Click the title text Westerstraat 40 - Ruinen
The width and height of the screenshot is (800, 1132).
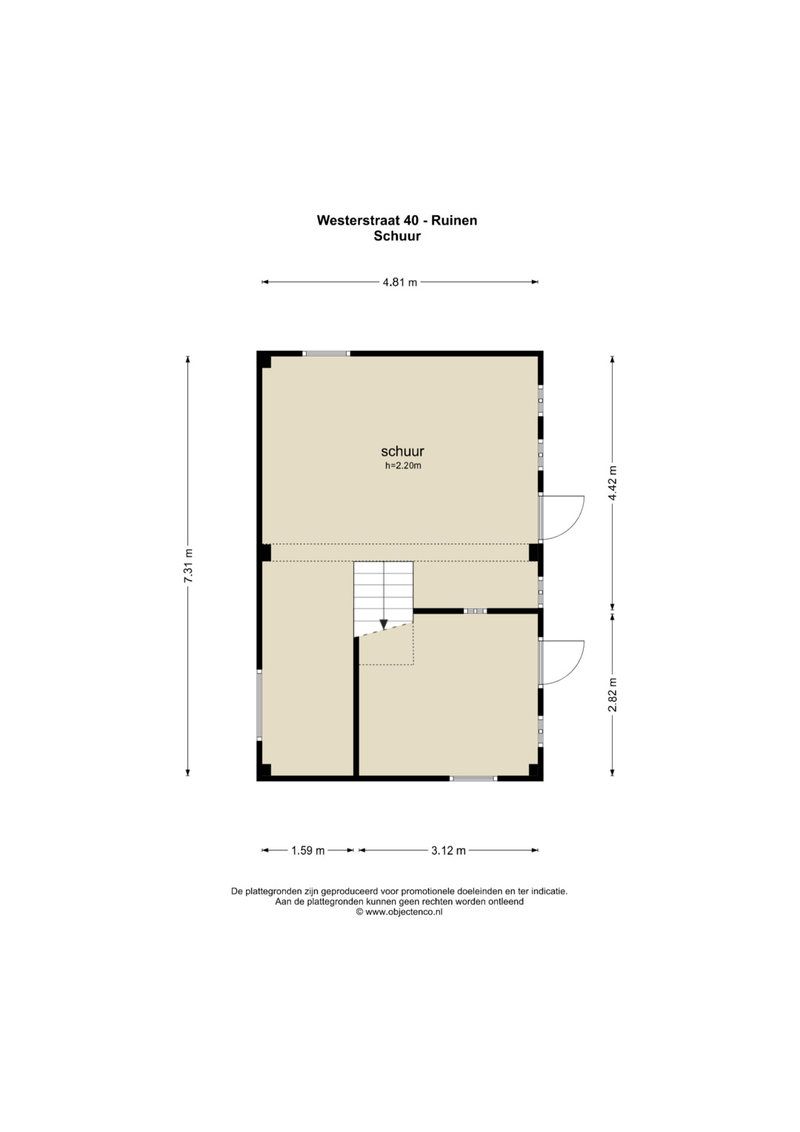pos(397,220)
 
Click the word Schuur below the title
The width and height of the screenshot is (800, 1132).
pos(397,236)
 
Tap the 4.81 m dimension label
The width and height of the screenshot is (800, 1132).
pos(400,282)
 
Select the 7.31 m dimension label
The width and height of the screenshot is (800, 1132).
pos(188,566)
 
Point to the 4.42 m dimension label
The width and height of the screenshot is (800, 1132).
pos(613,483)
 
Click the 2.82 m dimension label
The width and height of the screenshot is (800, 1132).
pos(613,694)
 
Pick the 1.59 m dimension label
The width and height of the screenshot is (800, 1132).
pos(308,850)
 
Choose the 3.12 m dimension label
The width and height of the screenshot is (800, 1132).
pos(448,850)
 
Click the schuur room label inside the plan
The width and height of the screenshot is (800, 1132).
pos(402,451)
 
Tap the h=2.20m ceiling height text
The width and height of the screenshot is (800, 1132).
pos(403,466)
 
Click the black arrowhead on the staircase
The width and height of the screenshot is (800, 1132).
pos(384,624)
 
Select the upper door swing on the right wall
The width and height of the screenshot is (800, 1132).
pos(561,518)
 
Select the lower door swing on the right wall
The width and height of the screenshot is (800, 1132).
pos(561,663)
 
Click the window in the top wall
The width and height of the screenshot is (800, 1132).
pos(326,354)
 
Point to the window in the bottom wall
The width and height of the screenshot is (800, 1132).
pos(473,778)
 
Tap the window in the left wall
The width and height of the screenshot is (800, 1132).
pos(259,706)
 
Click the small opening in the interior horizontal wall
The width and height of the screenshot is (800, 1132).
pos(476,611)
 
